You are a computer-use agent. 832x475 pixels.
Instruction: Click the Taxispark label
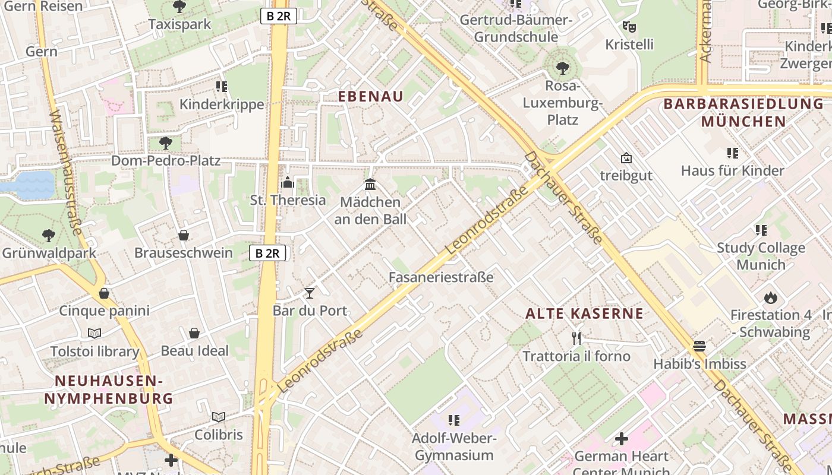pos(179,24)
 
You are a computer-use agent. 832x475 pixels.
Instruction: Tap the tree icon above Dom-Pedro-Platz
pos(166,142)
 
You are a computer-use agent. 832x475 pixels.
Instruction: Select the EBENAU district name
pos(371,96)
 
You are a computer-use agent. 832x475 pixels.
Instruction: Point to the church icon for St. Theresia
pos(288,182)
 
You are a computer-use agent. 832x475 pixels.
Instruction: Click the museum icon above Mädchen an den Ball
pos(370,184)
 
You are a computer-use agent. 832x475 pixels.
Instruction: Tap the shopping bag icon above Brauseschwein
pos(184,235)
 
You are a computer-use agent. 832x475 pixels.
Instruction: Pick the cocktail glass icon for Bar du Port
pos(310,293)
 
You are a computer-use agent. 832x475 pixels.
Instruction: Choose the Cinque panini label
pos(104,311)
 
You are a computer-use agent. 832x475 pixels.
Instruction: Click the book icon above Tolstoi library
pos(94,333)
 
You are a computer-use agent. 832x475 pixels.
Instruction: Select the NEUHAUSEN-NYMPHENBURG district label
pos(108,389)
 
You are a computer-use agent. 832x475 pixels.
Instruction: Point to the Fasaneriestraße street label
pos(441,277)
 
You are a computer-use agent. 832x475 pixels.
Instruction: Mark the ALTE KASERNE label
pos(584,313)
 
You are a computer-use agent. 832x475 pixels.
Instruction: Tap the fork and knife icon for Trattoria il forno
pos(576,338)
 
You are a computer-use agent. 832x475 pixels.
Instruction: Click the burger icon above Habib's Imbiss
pos(699,346)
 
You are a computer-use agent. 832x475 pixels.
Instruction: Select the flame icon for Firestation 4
pos(771,297)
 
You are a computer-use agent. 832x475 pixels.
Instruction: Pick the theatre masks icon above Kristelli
pos(629,27)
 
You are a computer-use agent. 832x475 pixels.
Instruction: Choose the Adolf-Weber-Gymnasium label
pos(453,447)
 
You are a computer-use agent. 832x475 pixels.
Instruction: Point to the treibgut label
pos(626,176)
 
